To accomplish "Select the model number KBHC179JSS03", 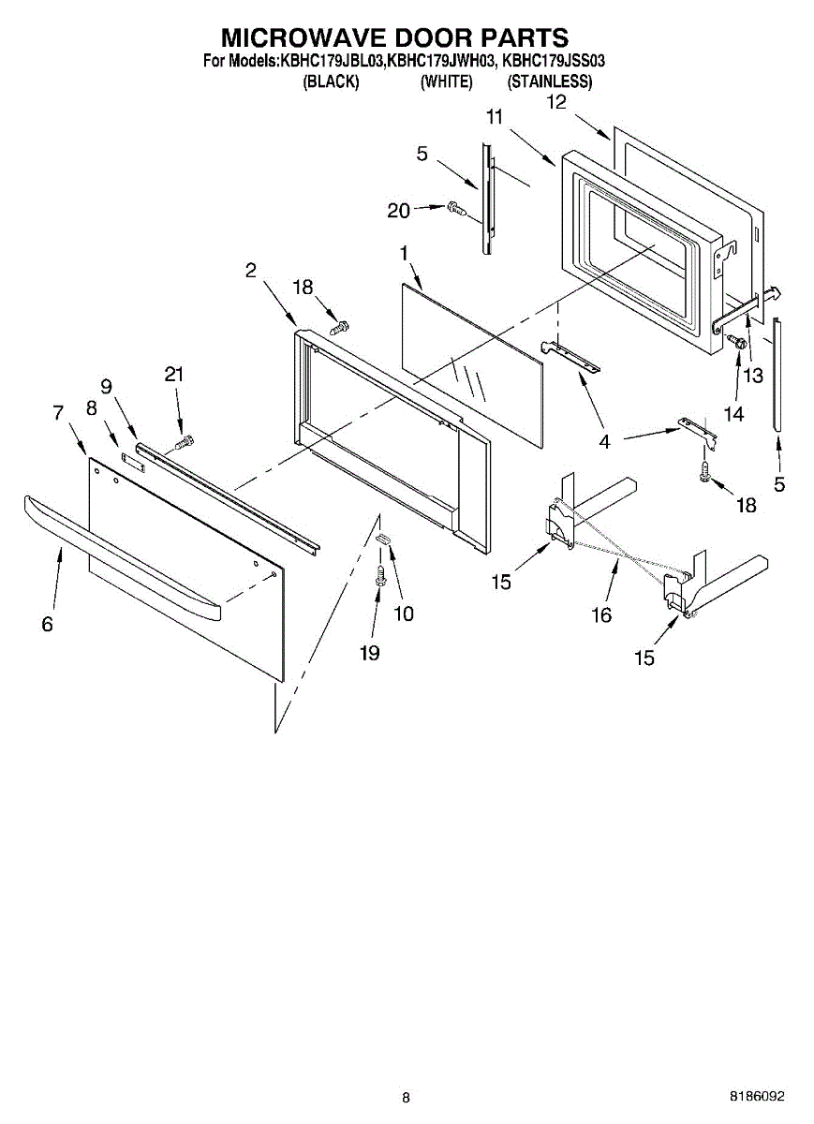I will coord(554,62).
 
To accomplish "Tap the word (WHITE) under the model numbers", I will coord(446,81).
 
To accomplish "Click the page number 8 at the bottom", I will coord(406,1098).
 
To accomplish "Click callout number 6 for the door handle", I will coord(48,625).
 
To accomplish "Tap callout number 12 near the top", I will coord(556,102).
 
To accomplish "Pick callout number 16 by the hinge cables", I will coord(601,614).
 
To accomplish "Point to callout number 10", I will coord(404,614).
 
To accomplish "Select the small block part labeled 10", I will coord(382,539).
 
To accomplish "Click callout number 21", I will coord(174,374).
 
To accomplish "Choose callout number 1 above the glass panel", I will coord(403,253).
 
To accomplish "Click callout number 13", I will coord(753,375).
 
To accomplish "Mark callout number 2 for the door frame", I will coord(251,271).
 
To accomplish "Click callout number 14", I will coord(733,413).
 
